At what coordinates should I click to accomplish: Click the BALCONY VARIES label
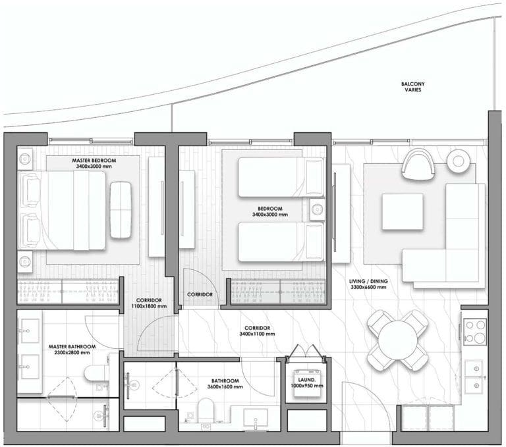(x=412, y=87)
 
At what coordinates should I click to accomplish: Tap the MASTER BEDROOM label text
(x=94, y=160)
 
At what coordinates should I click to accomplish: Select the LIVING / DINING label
(x=368, y=281)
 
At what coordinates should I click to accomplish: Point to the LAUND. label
(x=307, y=380)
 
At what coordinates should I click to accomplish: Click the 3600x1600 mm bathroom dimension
(x=225, y=386)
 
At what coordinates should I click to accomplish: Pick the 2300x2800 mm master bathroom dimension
(x=72, y=352)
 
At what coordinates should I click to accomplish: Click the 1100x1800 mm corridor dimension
(x=149, y=306)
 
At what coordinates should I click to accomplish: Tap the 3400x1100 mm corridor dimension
(x=257, y=334)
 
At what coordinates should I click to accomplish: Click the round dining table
(x=398, y=340)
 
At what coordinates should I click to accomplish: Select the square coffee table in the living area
(x=403, y=211)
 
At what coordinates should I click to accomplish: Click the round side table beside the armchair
(x=458, y=161)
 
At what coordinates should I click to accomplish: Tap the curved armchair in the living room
(x=418, y=164)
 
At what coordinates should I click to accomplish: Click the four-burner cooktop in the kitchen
(x=474, y=331)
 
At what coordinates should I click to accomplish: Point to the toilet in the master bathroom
(x=96, y=373)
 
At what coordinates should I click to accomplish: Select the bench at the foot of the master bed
(x=121, y=210)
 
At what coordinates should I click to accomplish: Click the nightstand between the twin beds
(x=317, y=209)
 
